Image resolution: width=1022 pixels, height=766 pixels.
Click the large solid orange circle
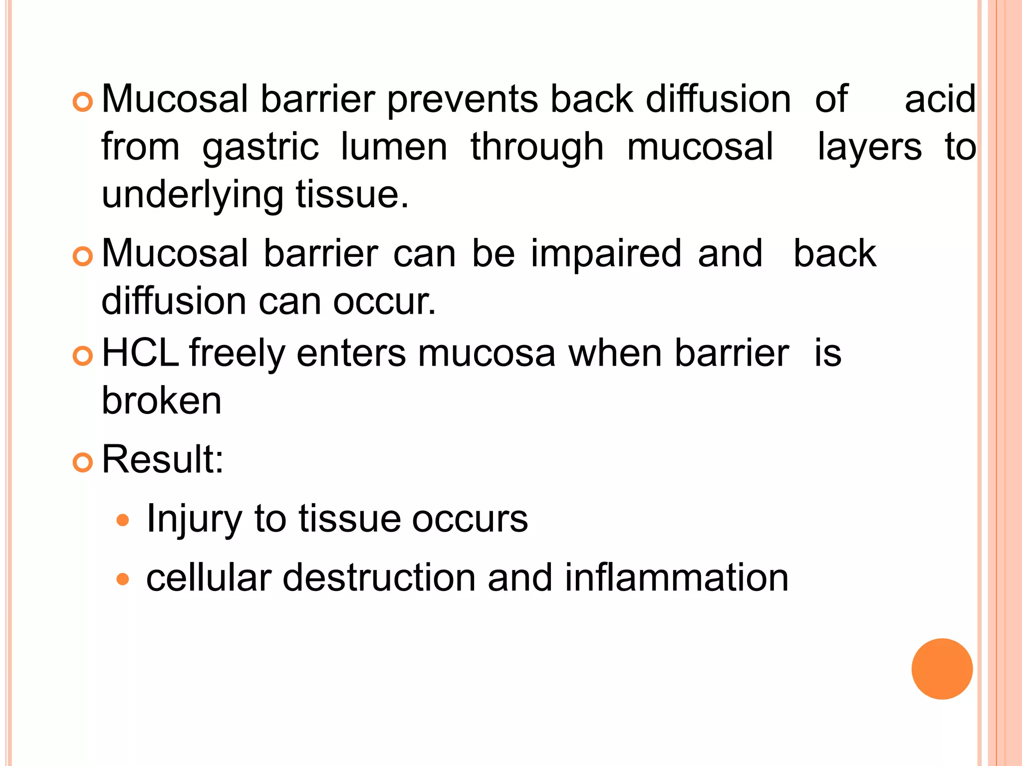coord(942,669)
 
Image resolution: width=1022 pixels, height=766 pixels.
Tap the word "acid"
coord(940,99)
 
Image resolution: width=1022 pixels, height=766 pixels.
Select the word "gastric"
coord(260,148)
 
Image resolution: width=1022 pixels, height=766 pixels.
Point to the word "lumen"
coord(394,147)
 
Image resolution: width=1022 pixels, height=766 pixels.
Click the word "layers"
coord(869,148)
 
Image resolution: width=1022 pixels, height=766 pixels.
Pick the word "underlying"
coord(193,195)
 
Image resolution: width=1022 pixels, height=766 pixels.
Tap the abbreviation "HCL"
coord(140,353)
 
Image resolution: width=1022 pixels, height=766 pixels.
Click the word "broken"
coord(162,400)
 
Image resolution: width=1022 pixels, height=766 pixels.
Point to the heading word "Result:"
coord(163,459)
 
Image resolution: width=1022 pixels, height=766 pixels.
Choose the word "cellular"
coord(209,577)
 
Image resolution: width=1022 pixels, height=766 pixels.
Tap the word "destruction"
coord(379,577)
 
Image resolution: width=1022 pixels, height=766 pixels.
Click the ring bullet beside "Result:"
coord(83,463)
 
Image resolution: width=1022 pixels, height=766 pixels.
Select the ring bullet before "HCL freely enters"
coord(83,356)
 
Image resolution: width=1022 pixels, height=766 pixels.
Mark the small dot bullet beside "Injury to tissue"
coord(122,521)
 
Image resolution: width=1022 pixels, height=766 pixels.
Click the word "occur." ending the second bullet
coord(384,302)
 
